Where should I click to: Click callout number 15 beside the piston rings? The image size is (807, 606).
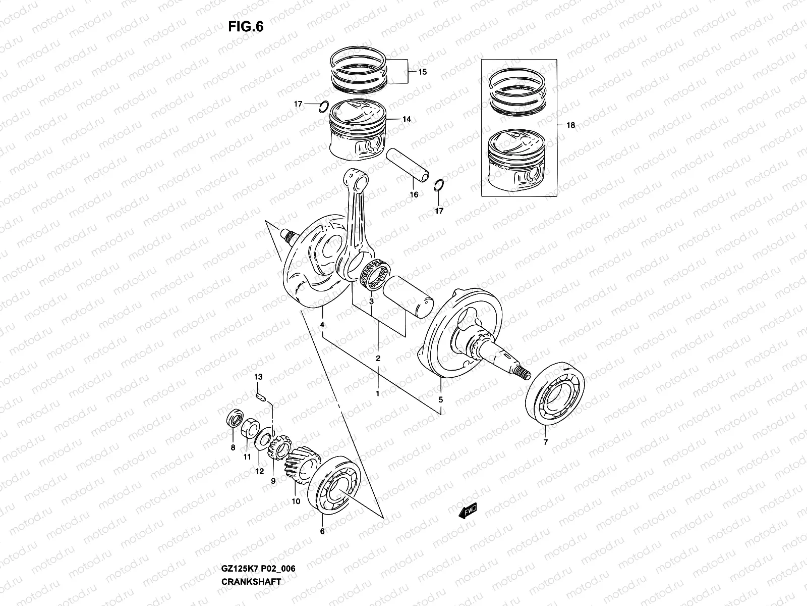422,72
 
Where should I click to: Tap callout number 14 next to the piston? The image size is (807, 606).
407,119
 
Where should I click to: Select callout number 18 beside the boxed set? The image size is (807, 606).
570,125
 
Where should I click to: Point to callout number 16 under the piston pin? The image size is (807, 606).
414,194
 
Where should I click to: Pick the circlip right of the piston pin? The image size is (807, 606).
439,185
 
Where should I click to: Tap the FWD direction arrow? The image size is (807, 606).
468,512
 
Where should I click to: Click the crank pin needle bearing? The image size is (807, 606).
375,275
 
